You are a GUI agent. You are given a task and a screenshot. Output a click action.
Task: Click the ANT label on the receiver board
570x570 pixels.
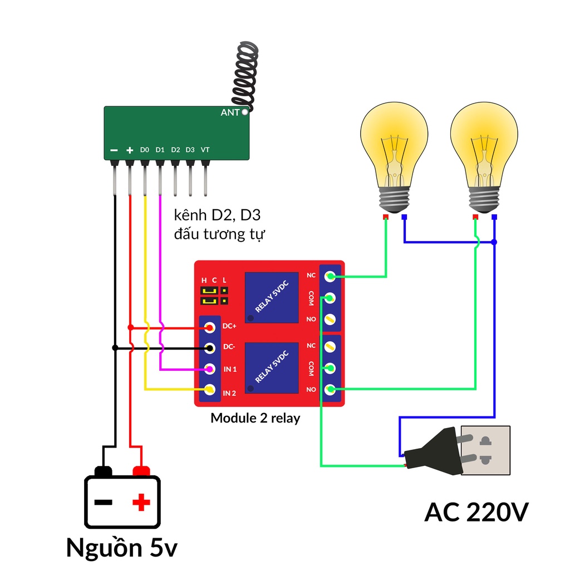click(x=230, y=112)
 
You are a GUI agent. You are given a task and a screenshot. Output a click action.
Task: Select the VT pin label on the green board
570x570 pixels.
click(x=205, y=150)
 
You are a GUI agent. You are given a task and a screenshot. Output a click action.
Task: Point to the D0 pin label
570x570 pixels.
click(x=145, y=150)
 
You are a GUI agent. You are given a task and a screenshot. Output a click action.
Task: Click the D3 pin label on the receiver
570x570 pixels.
click(x=190, y=150)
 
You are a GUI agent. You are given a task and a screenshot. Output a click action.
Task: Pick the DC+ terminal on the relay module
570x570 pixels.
click(x=210, y=327)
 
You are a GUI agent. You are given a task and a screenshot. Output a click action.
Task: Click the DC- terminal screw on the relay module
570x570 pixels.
click(x=210, y=348)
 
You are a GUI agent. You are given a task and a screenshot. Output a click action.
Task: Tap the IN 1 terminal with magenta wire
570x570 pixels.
click(x=210, y=369)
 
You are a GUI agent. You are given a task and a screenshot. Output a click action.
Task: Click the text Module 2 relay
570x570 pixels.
click(x=255, y=418)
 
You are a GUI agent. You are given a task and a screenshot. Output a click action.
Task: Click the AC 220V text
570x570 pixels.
click(x=476, y=512)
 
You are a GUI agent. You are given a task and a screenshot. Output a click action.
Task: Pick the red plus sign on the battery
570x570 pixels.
click(x=141, y=503)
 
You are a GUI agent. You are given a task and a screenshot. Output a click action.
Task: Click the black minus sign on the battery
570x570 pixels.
click(x=103, y=503)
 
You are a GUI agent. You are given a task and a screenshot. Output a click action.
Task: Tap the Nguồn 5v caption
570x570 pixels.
click(x=121, y=548)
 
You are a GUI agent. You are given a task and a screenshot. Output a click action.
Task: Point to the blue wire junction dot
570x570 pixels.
click(x=494, y=242)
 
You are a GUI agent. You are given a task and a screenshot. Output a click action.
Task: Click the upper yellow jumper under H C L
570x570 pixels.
click(x=209, y=291)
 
